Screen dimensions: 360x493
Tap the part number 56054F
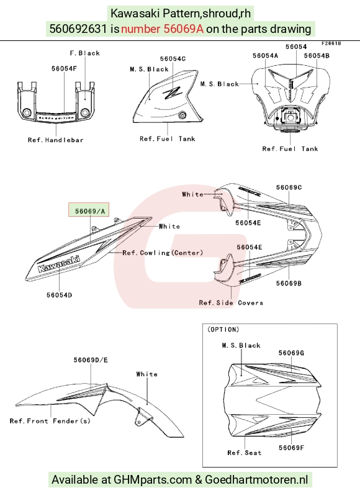point(64,68)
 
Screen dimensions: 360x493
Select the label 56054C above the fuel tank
point(173,59)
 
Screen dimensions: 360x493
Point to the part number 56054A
point(266,56)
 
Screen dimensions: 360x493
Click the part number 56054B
point(317,56)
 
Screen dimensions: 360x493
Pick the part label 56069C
point(289,188)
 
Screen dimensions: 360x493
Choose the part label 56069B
point(289,283)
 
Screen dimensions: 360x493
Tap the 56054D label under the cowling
point(60,295)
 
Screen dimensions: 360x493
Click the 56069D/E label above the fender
point(91,360)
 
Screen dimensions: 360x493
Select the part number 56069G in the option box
point(291,353)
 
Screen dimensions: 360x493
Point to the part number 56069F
point(292,448)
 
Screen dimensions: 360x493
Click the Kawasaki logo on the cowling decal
point(59,263)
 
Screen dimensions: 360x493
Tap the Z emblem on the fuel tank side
point(172,93)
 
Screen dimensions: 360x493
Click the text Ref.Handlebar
point(56,140)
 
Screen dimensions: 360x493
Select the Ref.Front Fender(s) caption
point(50,421)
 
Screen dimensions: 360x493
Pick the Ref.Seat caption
point(245,453)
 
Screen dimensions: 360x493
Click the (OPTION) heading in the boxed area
point(223,330)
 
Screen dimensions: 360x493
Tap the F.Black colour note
point(85,53)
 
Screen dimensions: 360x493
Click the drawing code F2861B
point(331,43)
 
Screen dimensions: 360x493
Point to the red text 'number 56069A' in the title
point(162,29)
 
